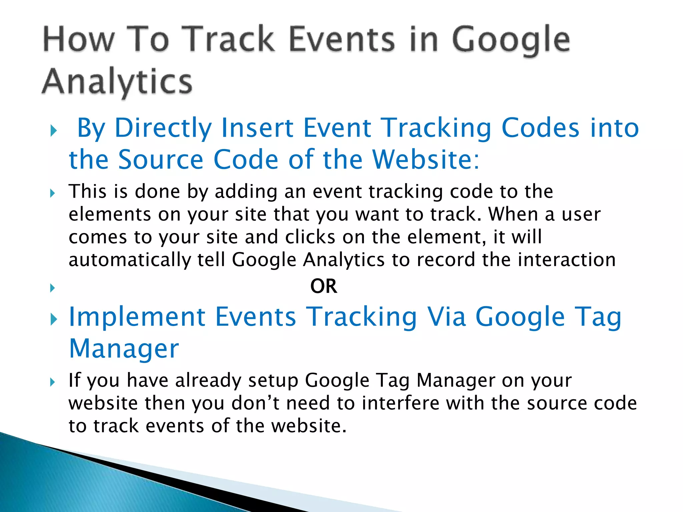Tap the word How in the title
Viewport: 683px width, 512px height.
[79, 40]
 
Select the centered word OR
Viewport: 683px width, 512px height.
[323, 286]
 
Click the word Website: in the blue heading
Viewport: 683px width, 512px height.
[426, 160]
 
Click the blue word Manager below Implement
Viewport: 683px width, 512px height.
[124, 349]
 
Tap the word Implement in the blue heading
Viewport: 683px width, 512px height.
[137, 317]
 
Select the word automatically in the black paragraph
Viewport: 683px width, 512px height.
[129, 260]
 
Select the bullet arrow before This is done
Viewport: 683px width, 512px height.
[52, 193]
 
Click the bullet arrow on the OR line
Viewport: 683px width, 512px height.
[52, 288]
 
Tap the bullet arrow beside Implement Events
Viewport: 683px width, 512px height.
[53, 319]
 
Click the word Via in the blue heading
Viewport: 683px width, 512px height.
[447, 317]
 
